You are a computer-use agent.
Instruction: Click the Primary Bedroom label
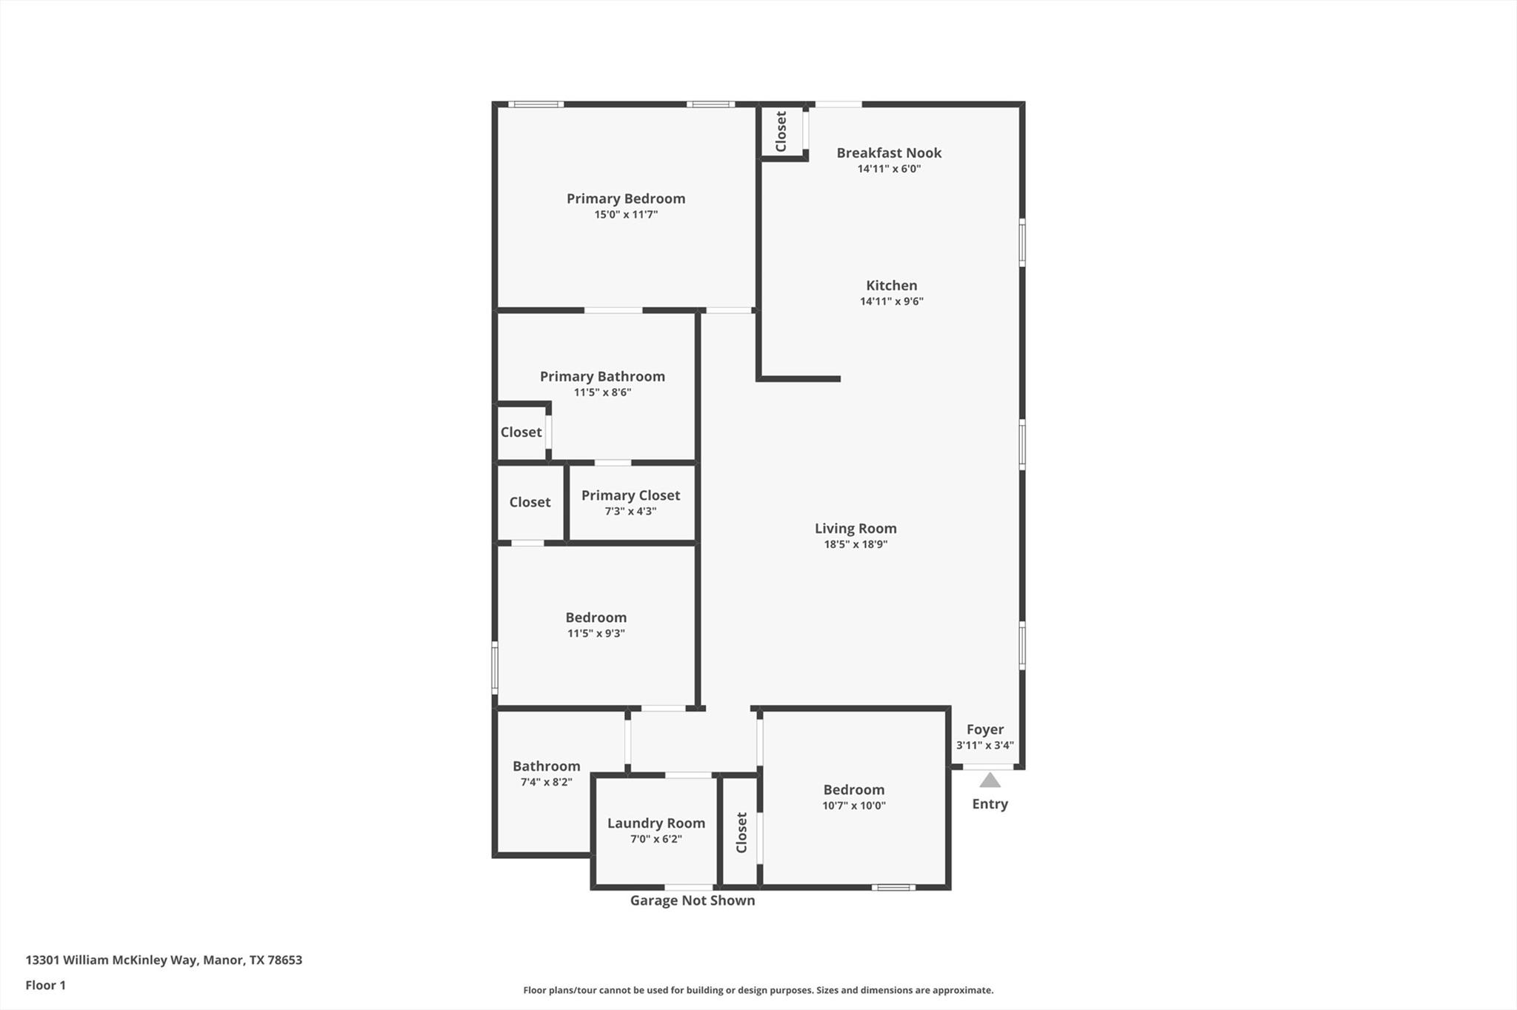[626, 198]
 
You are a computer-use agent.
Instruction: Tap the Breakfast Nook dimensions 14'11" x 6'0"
[889, 169]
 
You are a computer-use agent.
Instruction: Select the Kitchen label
[891, 285]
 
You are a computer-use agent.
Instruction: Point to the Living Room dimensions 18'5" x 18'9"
[856, 544]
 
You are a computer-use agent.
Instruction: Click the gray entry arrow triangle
[990, 780]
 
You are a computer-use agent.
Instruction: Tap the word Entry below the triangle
[990, 804]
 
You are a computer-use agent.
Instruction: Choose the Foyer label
[984, 729]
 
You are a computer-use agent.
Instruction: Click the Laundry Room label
[656, 823]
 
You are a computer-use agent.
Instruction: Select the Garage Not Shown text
[692, 900]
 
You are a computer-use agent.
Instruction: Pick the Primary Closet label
[630, 495]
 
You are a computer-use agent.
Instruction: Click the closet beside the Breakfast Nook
[781, 132]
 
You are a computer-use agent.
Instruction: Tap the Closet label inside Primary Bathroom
[521, 432]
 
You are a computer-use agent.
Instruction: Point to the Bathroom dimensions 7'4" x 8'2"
[546, 782]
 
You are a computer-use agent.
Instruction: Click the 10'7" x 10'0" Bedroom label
[853, 790]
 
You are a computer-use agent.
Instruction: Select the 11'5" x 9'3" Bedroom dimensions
[596, 634]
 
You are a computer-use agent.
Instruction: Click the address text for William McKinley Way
[164, 960]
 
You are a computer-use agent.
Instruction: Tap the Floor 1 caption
[46, 986]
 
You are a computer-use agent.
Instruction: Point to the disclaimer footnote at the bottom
[758, 990]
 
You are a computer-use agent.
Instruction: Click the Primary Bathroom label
[602, 376]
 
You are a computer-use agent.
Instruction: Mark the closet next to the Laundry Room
[741, 832]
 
